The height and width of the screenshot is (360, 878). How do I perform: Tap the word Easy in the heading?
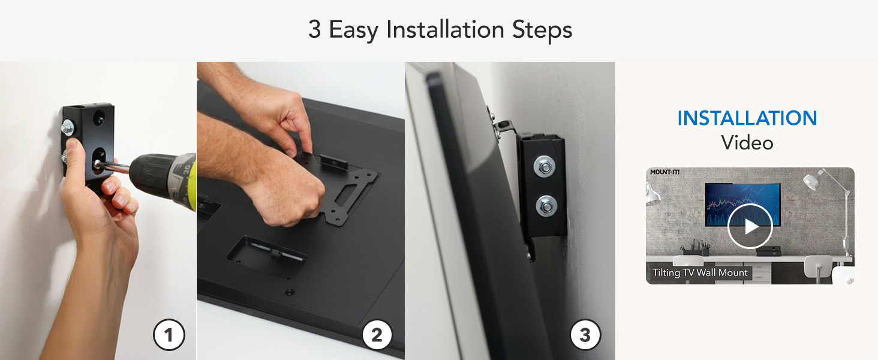[354, 29]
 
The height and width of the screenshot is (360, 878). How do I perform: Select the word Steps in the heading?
[542, 29]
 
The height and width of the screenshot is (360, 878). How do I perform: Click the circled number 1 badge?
[169, 335]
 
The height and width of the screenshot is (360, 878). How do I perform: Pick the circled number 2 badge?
[377, 335]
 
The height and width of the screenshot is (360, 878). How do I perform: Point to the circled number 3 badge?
[585, 335]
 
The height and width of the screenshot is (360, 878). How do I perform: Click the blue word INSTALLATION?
[747, 118]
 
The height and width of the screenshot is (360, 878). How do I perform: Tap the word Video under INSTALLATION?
[747, 143]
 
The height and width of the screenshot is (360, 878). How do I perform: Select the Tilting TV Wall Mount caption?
[700, 273]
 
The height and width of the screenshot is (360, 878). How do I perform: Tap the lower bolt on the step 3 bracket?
[546, 205]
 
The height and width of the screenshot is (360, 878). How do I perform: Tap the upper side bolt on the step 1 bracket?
[68, 127]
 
